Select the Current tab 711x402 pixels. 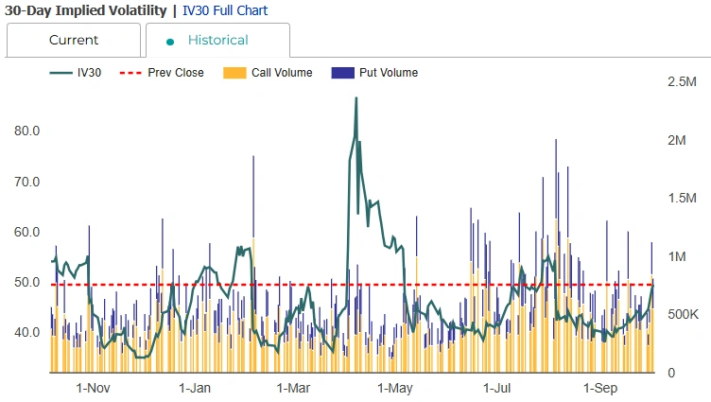pyautogui.click(x=74, y=41)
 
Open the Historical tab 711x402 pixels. pyautogui.click(x=217, y=41)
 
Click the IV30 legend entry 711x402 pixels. pyautogui.click(x=77, y=73)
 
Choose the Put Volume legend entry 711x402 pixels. pyautogui.click(x=375, y=73)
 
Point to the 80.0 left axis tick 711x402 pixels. pyautogui.click(x=26, y=131)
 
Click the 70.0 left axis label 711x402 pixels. pyautogui.click(x=26, y=182)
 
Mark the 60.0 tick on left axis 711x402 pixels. pyautogui.click(x=26, y=232)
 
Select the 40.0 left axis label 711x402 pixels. pyautogui.click(x=26, y=332)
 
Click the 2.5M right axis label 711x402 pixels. pyautogui.click(x=682, y=82)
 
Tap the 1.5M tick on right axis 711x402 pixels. pyautogui.click(x=682, y=199)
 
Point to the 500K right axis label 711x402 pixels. pyautogui.click(x=682, y=314)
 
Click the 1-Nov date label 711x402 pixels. pyautogui.click(x=93, y=388)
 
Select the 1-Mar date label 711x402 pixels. pyautogui.click(x=294, y=388)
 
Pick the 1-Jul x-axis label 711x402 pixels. pyautogui.click(x=497, y=388)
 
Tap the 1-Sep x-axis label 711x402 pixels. pyautogui.click(x=600, y=388)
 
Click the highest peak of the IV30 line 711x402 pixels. pyautogui.click(x=355, y=98)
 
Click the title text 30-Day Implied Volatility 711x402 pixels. pyautogui.click(x=85, y=10)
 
